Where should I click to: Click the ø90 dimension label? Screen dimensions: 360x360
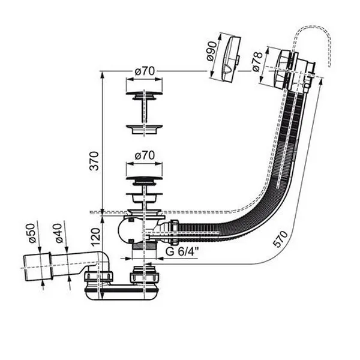coord(212,51)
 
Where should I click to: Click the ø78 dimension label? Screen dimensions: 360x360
coord(257,61)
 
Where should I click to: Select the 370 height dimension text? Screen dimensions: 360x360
coord(94,161)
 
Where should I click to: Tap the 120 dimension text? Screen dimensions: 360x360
coord(96,237)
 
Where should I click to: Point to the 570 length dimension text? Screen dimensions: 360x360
coord(281,239)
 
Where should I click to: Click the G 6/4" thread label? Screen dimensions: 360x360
coord(182,252)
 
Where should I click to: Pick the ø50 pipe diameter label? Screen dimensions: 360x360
coord(32,233)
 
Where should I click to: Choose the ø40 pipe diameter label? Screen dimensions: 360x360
coord(59,233)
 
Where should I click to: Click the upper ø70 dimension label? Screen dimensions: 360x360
coord(145,71)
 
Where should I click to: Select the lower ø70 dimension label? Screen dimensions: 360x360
coord(145,155)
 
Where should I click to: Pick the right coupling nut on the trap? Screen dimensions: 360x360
coord(145,274)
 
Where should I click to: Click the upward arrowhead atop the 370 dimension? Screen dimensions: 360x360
coord(102,74)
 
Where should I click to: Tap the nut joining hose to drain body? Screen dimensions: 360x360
coord(174,232)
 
